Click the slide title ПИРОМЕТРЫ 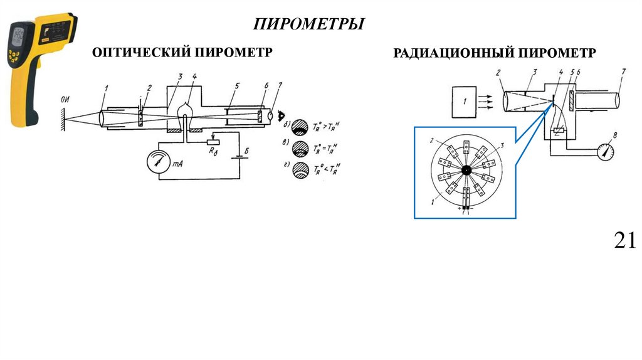(x=309, y=24)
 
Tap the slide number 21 (x=625, y=240)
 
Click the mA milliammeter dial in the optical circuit (x=158, y=162)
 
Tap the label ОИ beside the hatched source (x=65, y=99)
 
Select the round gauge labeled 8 (x=604, y=151)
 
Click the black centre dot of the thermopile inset (x=466, y=171)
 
